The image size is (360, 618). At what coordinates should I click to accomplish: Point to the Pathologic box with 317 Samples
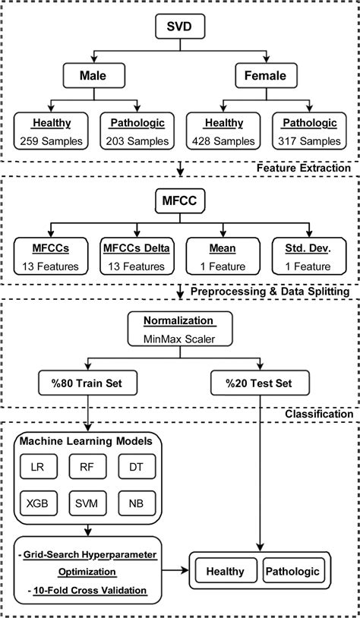coord(308,131)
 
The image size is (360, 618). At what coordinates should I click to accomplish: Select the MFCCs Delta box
coord(136,257)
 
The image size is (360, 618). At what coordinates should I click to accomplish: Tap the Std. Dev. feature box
coord(308,257)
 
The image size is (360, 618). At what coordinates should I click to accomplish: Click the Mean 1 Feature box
coord(222,257)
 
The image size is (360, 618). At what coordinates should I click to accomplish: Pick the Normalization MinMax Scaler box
coord(180,329)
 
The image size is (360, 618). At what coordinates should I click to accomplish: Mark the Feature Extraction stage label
coord(303,167)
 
